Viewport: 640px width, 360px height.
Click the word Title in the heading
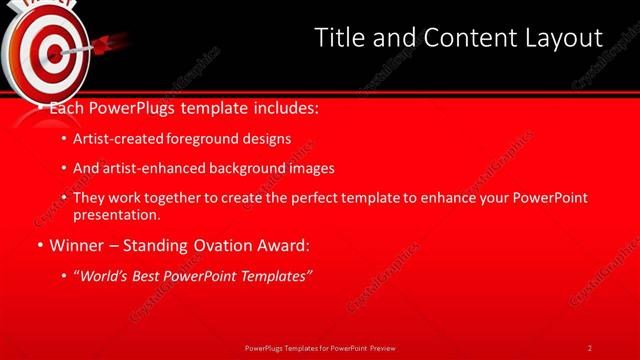(340, 38)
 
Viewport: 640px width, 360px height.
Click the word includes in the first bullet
(284, 106)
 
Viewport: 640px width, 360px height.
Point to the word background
(247, 168)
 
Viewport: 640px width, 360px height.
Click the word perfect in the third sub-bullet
(322, 198)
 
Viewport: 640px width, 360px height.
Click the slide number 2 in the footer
(590, 348)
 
